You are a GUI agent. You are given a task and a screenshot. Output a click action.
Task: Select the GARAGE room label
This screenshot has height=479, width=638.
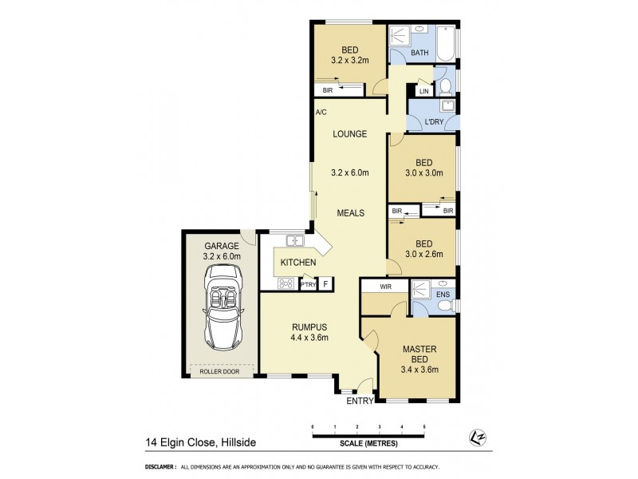point(222,246)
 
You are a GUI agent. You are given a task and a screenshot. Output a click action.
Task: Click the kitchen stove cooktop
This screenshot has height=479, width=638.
point(286,283)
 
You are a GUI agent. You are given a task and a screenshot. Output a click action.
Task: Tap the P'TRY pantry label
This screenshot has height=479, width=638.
point(308,284)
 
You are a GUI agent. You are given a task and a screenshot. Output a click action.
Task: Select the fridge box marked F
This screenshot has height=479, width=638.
point(325,284)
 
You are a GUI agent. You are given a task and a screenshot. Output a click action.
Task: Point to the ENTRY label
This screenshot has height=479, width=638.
point(360,401)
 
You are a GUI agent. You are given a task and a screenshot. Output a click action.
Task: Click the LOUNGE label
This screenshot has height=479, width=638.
point(350,134)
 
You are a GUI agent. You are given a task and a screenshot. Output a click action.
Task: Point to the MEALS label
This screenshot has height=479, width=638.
point(350,213)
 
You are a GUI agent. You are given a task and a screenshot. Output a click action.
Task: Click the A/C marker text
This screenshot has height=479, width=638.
point(321,113)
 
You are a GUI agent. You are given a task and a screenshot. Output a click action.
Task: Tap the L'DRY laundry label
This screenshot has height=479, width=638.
point(434,122)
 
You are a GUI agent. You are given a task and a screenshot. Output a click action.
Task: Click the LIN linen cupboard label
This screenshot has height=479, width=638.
point(423,92)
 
